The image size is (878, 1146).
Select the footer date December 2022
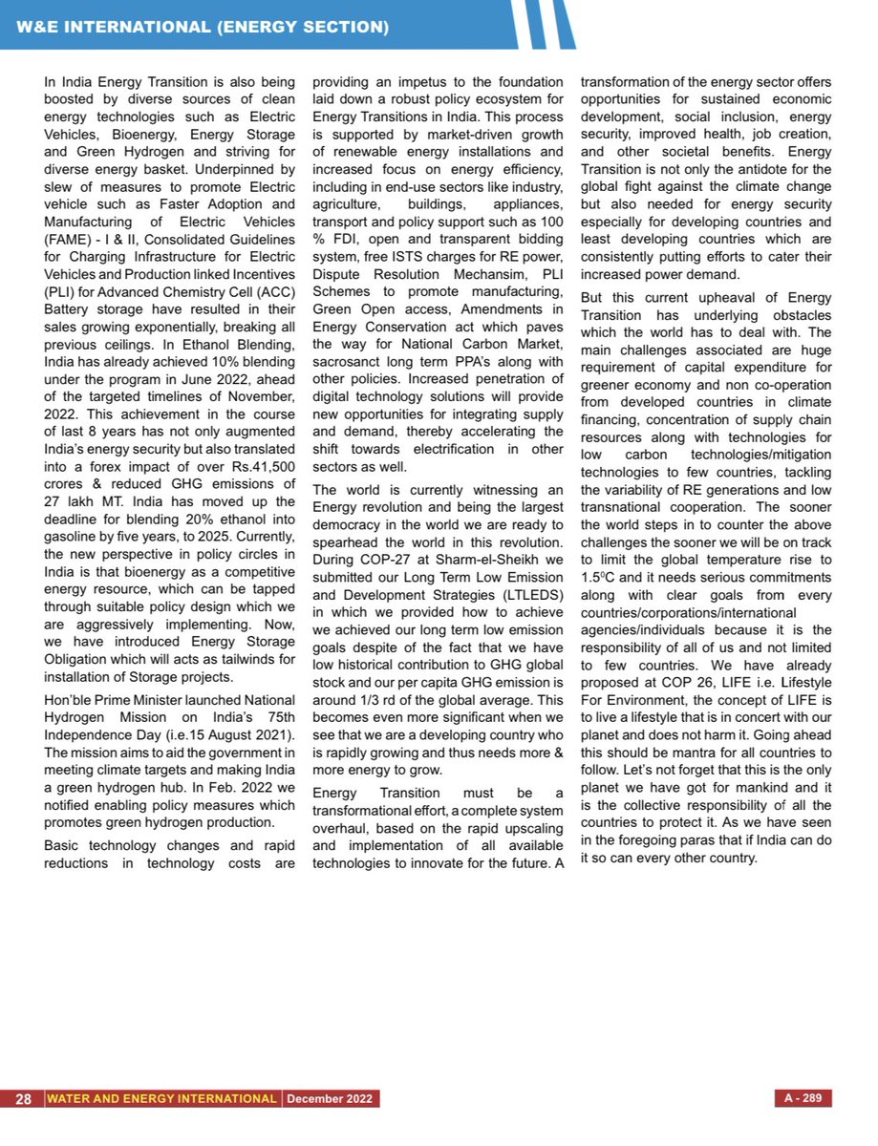(332, 1098)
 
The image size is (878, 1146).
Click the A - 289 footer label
(802, 1098)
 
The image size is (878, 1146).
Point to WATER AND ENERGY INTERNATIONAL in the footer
(162, 1098)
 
